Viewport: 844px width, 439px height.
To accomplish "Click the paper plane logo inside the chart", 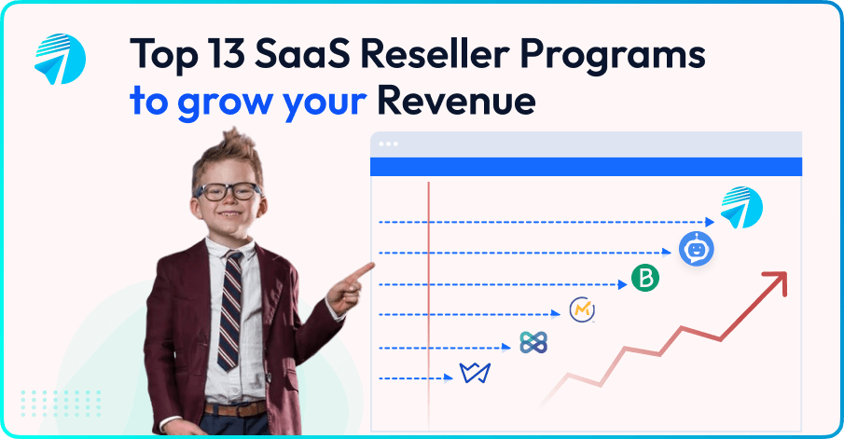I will (x=740, y=209).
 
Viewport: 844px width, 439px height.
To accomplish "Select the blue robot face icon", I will (x=696, y=248).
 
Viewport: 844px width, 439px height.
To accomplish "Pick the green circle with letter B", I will (x=644, y=278).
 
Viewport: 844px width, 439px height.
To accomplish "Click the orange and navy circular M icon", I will (x=583, y=309).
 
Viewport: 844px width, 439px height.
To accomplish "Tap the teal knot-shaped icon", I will (x=533, y=342).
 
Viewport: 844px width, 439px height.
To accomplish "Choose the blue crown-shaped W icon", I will (x=475, y=373).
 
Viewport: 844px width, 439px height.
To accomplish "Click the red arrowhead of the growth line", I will (x=776, y=280).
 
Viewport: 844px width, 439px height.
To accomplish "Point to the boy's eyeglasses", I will (x=229, y=192).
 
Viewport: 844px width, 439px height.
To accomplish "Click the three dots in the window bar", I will (x=388, y=144).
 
